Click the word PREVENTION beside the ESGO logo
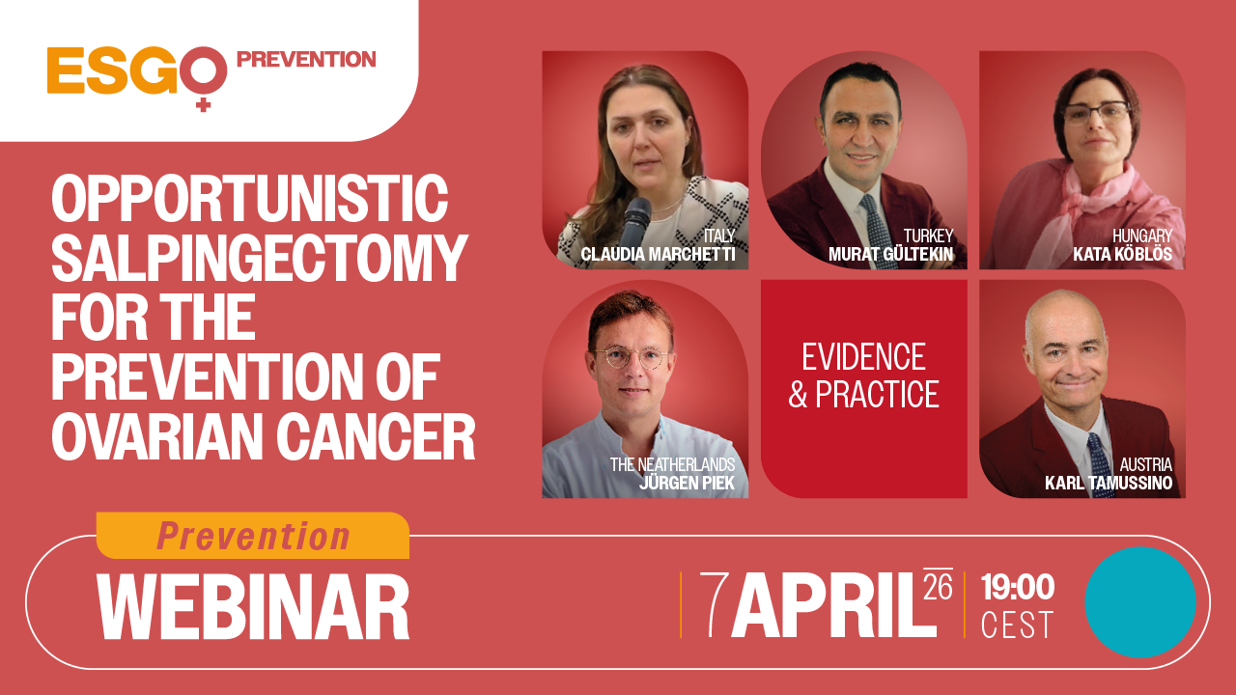pos(306,60)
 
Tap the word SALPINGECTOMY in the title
pos(259,259)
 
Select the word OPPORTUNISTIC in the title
pos(249,200)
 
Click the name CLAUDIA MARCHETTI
pos(659,255)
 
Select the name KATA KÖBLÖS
pos(1122,255)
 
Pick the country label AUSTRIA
pos(1146,465)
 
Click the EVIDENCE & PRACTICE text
pos(864,375)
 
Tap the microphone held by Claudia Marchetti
pos(634,222)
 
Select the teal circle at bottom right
pos(1140,602)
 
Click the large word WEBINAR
pos(253,606)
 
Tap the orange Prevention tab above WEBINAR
pos(253,536)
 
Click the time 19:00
pos(1017,587)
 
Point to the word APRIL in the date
pos(833,605)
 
